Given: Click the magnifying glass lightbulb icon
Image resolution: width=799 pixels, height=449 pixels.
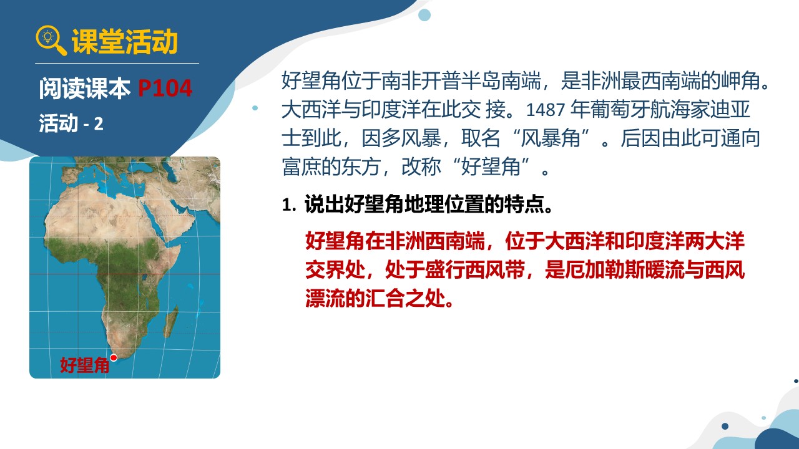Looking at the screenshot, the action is (x=51, y=40).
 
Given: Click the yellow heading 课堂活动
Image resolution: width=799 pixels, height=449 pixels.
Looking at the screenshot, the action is (x=124, y=42).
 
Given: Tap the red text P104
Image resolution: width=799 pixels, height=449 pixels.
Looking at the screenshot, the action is (x=165, y=88).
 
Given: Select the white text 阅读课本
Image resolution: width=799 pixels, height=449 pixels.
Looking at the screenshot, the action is (x=84, y=88).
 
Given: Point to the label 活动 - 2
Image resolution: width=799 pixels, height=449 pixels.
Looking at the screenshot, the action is (x=71, y=123).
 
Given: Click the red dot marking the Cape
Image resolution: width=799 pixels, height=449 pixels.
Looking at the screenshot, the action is (x=114, y=357).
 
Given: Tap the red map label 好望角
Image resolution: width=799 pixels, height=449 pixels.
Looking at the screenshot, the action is (x=84, y=365).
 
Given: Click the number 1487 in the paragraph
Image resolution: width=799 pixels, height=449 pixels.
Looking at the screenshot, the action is (x=546, y=110).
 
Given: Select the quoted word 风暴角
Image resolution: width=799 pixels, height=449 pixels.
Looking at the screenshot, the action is (x=551, y=138).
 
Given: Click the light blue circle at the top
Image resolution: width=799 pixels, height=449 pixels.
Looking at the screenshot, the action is (x=424, y=15).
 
